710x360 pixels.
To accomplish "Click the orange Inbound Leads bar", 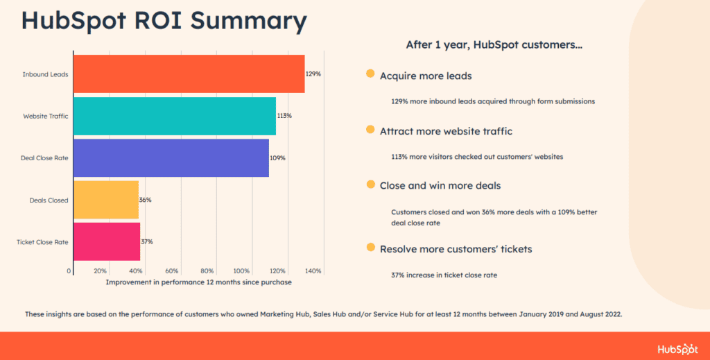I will pos(189,74).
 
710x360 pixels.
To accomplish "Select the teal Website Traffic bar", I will pos(174,116).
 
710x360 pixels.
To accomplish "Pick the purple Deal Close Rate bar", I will pos(171,158).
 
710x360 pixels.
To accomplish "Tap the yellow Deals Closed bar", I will pos(106,200).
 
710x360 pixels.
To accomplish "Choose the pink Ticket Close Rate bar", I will pos(107,241).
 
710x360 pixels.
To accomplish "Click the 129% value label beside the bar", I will pos(313,74).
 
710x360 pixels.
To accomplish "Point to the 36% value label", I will pos(146,200).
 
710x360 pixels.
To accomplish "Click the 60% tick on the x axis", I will pos(172,271).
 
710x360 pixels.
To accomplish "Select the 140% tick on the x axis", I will pos(313,271).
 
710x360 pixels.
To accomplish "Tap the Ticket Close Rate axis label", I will pos(42,242).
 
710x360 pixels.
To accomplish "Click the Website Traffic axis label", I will pos(46,116).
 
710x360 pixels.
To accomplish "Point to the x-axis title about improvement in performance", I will pos(198,282).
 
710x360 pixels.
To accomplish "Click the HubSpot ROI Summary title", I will pos(164,20).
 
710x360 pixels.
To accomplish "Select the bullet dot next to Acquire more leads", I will pos(370,74).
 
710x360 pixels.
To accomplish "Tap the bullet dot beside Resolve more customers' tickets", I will pos(370,248).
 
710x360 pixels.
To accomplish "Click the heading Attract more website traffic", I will pos(446,130).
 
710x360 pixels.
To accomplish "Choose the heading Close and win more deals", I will pos(440,185).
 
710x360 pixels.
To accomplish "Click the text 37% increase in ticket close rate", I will pos(444,275).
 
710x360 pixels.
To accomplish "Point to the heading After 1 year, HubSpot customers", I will pos(494,45).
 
